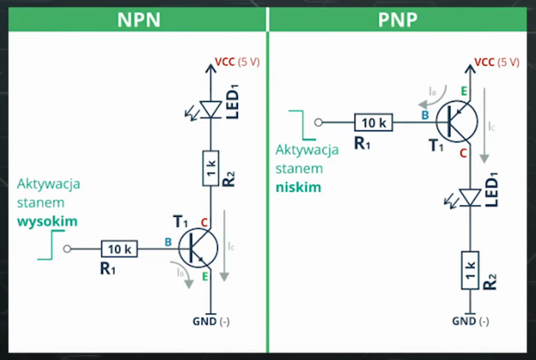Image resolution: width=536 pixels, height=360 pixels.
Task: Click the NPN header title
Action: tap(139, 20)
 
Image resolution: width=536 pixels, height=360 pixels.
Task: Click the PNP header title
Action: tap(397, 20)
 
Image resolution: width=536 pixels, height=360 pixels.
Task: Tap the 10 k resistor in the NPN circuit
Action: tap(119, 249)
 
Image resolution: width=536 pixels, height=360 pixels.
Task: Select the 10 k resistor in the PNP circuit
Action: tap(373, 122)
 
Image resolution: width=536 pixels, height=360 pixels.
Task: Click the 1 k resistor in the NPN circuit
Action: tap(211, 168)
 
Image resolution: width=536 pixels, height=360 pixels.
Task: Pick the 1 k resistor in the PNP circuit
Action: tap(470, 271)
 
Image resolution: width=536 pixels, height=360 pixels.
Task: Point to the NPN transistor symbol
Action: tap(198, 249)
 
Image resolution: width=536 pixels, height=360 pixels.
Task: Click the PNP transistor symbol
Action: tap(457, 122)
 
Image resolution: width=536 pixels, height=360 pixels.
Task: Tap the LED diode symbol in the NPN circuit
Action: tap(210, 109)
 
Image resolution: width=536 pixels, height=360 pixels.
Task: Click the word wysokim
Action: tap(47, 221)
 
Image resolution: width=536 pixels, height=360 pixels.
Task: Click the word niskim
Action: tap(299, 187)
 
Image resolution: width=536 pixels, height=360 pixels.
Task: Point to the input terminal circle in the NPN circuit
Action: tap(67, 249)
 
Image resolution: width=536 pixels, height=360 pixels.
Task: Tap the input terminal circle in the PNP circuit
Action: tap(319, 122)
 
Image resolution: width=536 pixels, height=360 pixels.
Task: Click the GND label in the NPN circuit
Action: tap(205, 322)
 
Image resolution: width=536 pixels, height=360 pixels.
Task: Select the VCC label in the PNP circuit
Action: tap(484, 62)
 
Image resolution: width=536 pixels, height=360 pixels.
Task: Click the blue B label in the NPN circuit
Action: tap(168, 242)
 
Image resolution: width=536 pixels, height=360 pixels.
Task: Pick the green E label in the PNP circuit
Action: tap(464, 91)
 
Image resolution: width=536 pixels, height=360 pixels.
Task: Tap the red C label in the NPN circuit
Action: tap(204, 223)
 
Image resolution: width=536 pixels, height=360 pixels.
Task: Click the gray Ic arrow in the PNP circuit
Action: tap(484, 125)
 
